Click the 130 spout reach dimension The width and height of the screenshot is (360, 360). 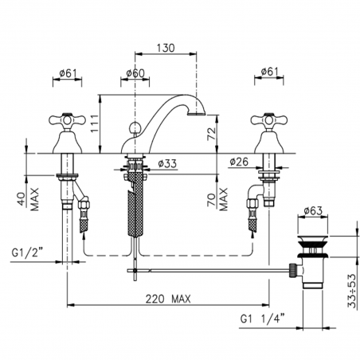(166, 48)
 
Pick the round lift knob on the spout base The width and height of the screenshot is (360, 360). (136, 127)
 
